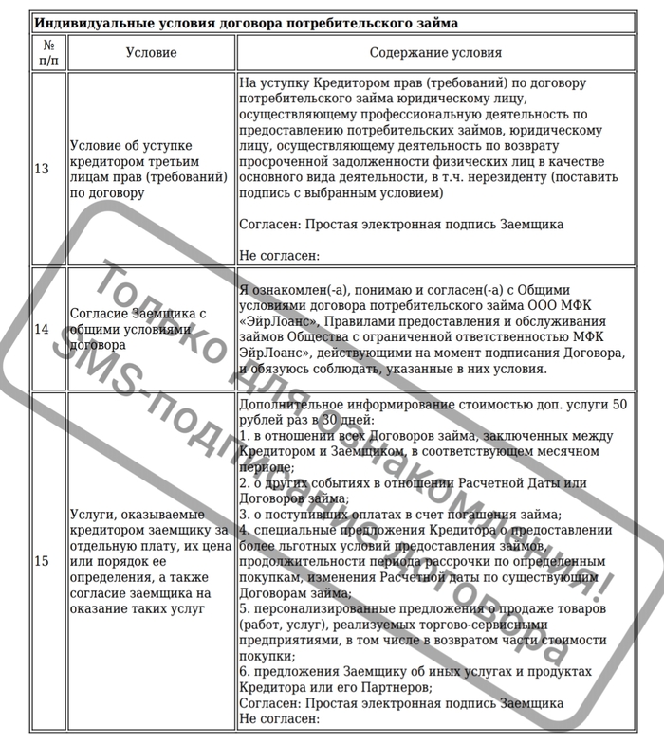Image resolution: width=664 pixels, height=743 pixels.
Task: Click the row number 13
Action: coord(42,169)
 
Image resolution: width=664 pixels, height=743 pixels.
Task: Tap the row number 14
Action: coord(42,329)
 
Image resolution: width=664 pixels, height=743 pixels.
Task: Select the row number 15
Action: coord(42,561)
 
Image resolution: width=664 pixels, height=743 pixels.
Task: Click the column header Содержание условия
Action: coord(435,53)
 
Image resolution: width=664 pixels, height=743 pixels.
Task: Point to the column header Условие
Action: coord(151,53)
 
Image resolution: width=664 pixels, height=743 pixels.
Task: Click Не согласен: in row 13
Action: coord(280,255)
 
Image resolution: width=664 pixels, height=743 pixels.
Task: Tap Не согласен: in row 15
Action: coord(280,719)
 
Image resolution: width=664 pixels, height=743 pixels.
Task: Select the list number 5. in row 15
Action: coord(245,607)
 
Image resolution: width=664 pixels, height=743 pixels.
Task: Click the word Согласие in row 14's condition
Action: coord(98,313)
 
